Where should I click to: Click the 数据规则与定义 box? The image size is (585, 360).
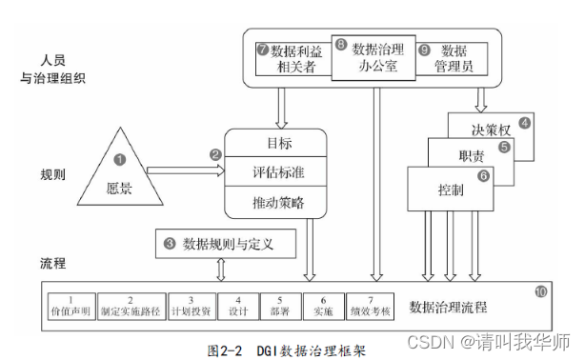(221, 244)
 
